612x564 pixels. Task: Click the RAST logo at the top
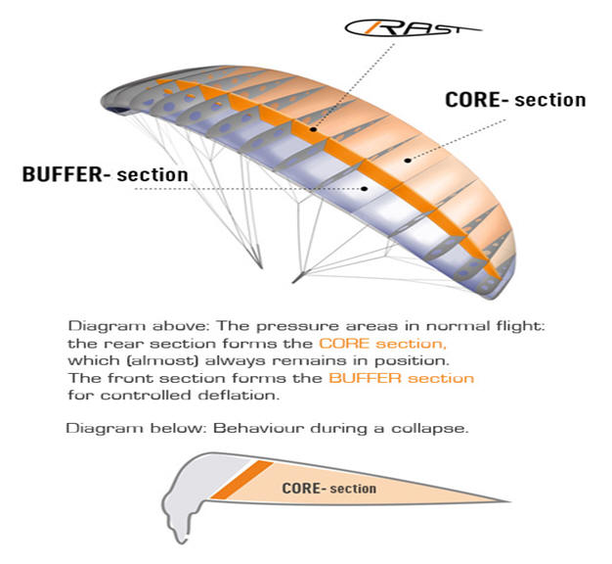413,28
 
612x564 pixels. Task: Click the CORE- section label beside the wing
515,100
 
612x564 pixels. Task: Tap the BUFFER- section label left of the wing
105,174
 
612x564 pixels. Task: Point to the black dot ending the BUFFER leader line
364,188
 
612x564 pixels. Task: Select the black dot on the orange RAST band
313,129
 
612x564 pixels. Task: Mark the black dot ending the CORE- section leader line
408,160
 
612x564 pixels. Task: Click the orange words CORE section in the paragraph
382,344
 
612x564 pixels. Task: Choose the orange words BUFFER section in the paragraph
401,378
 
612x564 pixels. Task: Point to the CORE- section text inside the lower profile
329,489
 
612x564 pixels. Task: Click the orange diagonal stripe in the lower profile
242,480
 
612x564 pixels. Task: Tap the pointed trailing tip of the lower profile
509,500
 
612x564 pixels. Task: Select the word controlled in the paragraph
146,396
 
